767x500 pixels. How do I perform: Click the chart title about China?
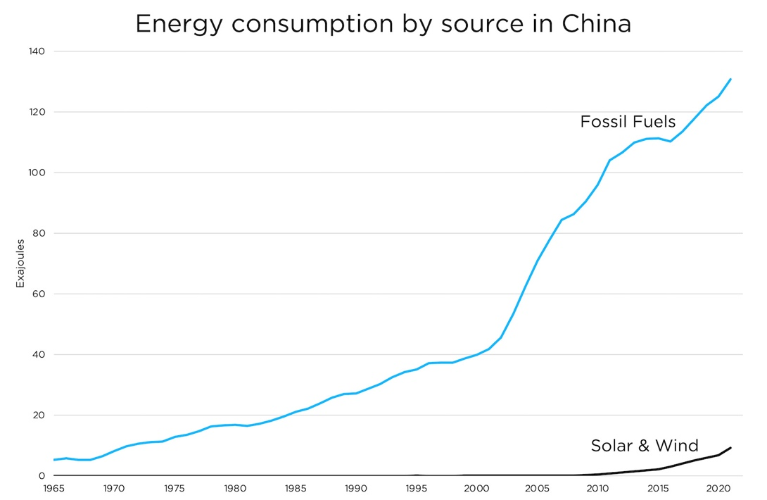[x=383, y=23]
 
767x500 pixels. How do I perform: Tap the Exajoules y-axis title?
[x=20, y=263]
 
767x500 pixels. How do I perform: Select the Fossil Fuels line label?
[x=628, y=122]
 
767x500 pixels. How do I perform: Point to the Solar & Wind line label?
[x=644, y=445]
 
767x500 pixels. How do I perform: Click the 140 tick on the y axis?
[x=37, y=51]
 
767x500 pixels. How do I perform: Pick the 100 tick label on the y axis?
[x=37, y=173]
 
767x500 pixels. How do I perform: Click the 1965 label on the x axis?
[x=53, y=487]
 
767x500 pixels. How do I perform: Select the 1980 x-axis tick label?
[x=235, y=487]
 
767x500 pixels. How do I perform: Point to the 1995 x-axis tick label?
[x=417, y=487]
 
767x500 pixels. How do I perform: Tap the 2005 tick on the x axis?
[x=538, y=487]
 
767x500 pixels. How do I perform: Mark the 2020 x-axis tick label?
[x=718, y=487]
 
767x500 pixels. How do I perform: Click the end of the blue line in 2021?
[x=730, y=79]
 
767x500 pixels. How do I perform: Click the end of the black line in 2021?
[x=730, y=448]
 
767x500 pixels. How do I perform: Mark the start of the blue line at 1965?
[x=54, y=460]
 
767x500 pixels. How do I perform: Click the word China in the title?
[x=597, y=23]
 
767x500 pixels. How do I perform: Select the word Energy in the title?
[x=179, y=25]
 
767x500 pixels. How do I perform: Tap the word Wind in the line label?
[x=676, y=445]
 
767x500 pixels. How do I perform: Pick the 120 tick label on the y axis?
[x=37, y=112]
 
